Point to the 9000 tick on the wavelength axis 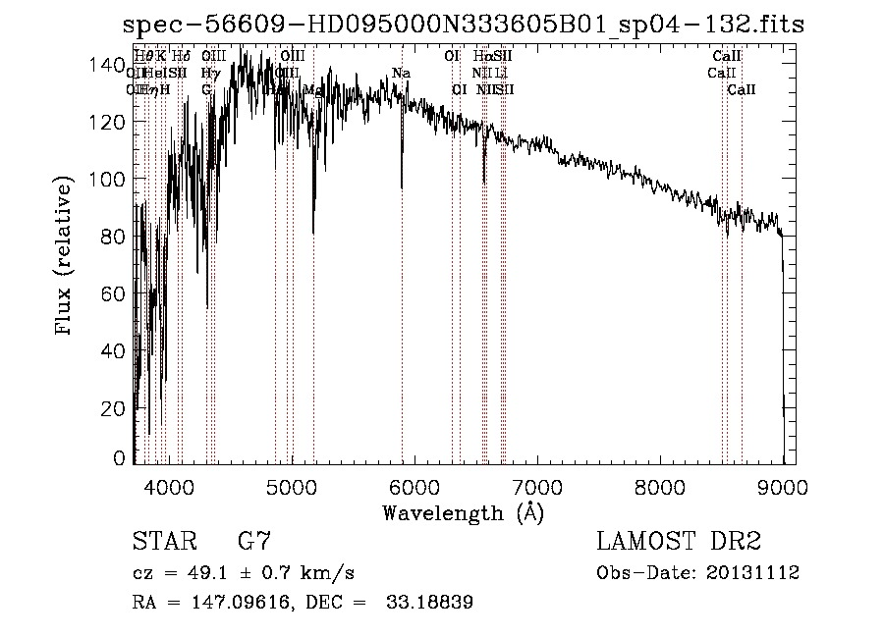[782, 486]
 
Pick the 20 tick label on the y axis [115, 408]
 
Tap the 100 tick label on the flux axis [110, 180]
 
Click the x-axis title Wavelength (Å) [463, 512]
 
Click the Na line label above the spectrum [401, 74]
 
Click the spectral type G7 [254, 543]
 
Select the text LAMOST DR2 [679, 543]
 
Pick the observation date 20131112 [753, 573]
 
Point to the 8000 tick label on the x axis [659, 486]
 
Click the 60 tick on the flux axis [115, 293]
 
